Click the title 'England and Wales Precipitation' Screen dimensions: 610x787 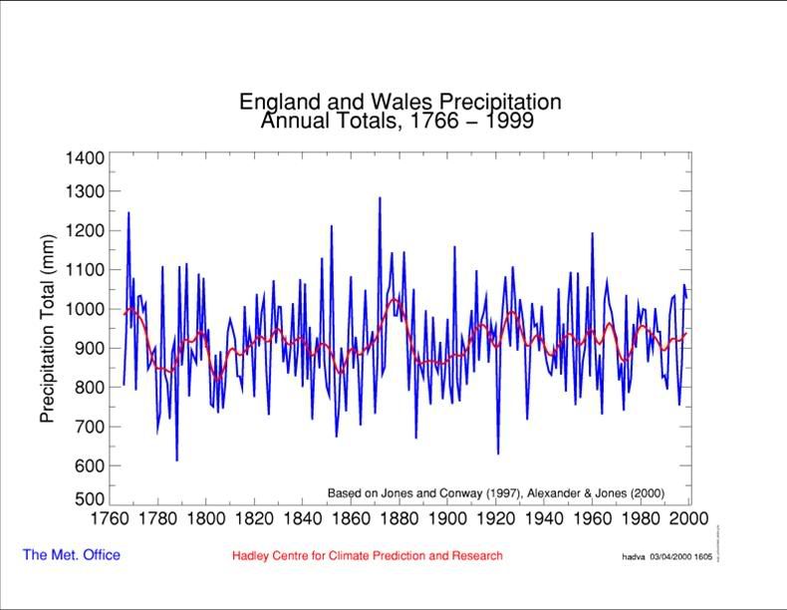399,102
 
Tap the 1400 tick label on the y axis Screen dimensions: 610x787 85,158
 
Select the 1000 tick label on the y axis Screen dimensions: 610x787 85,309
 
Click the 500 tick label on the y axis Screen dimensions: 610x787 88,499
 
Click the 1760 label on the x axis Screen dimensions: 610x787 109,518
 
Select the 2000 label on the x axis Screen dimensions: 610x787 689,518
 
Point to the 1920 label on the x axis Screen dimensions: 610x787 496,518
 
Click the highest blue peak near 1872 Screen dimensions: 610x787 380,198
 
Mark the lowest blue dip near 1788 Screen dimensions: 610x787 176,459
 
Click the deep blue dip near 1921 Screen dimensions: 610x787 498,454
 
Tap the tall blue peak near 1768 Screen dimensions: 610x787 128,213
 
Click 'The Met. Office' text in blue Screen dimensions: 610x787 72,555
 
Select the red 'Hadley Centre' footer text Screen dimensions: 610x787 367,556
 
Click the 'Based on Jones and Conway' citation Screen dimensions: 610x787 495,493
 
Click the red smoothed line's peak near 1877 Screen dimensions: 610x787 393,299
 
